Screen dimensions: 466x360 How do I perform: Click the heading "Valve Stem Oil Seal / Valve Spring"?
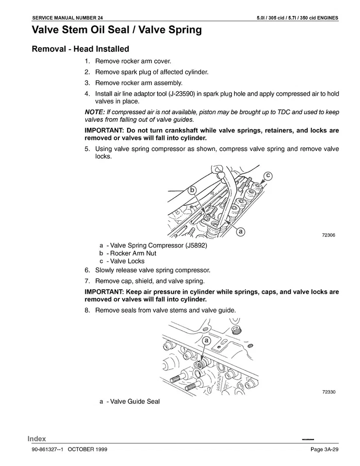pyautogui.click(x=116, y=30)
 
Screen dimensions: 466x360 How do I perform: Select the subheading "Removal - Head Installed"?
pyautogui.click(x=80, y=49)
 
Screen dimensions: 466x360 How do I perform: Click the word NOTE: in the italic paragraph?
pyautogui.click(x=95, y=112)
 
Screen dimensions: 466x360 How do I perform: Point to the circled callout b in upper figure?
pyautogui.click(x=192, y=191)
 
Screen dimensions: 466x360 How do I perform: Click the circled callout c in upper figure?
pyautogui.click(x=267, y=175)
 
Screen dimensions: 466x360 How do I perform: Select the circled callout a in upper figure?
pyautogui.click(x=240, y=232)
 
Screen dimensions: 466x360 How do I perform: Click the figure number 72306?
pyautogui.click(x=328, y=235)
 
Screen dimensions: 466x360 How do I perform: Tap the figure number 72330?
pyautogui.click(x=328, y=392)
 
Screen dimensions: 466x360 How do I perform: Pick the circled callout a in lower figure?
pyautogui.click(x=206, y=341)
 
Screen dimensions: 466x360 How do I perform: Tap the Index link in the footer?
pyautogui.click(x=36, y=439)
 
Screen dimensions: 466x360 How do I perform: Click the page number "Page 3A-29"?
pyautogui.click(x=324, y=449)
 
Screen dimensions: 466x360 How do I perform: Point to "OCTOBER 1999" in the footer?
pyautogui.click(x=87, y=449)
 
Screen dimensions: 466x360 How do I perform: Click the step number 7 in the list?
pyautogui.click(x=87, y=281)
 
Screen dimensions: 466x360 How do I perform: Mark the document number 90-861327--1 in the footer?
pyautogui.click(x=48, y=449)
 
